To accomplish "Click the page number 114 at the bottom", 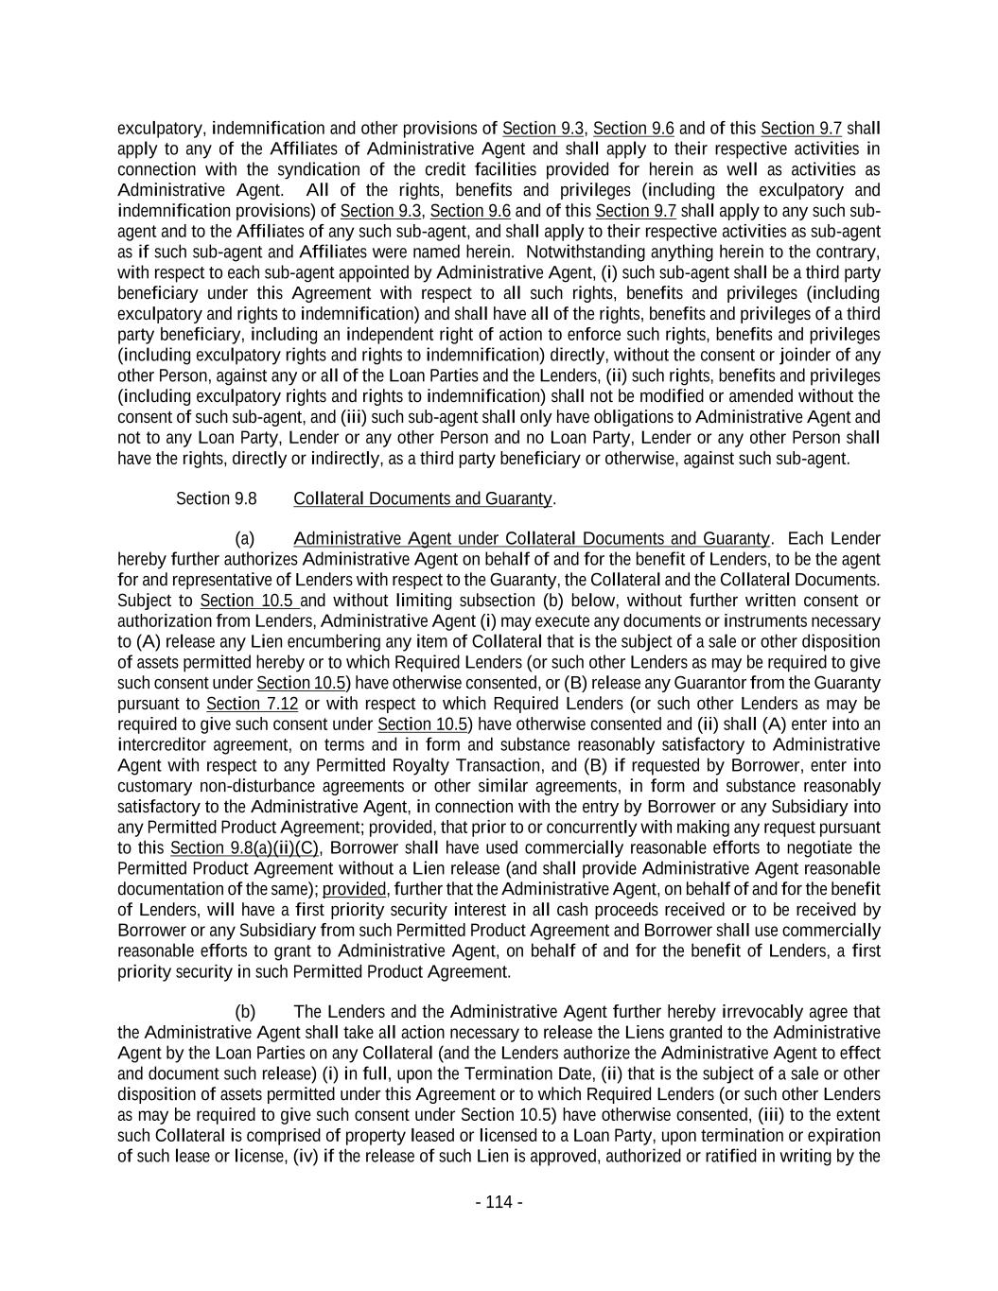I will pyautogui.click(x=499, y=1202).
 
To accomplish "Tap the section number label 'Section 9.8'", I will pyautogui.click(x=216, y=498).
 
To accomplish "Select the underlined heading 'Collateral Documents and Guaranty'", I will pyautogui.click(x=423, y=498).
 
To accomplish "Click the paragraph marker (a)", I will pyautogui.click(x=245, y=538).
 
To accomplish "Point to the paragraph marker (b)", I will pyautogui.click(x=245, y=1011).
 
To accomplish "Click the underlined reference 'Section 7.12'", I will pyautogui.click(x=238, y=704).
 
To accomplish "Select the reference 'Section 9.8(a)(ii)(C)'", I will pyautogui.click(x=244, y=847).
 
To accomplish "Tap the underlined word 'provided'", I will pyautogui.click(x=354, y=889).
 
